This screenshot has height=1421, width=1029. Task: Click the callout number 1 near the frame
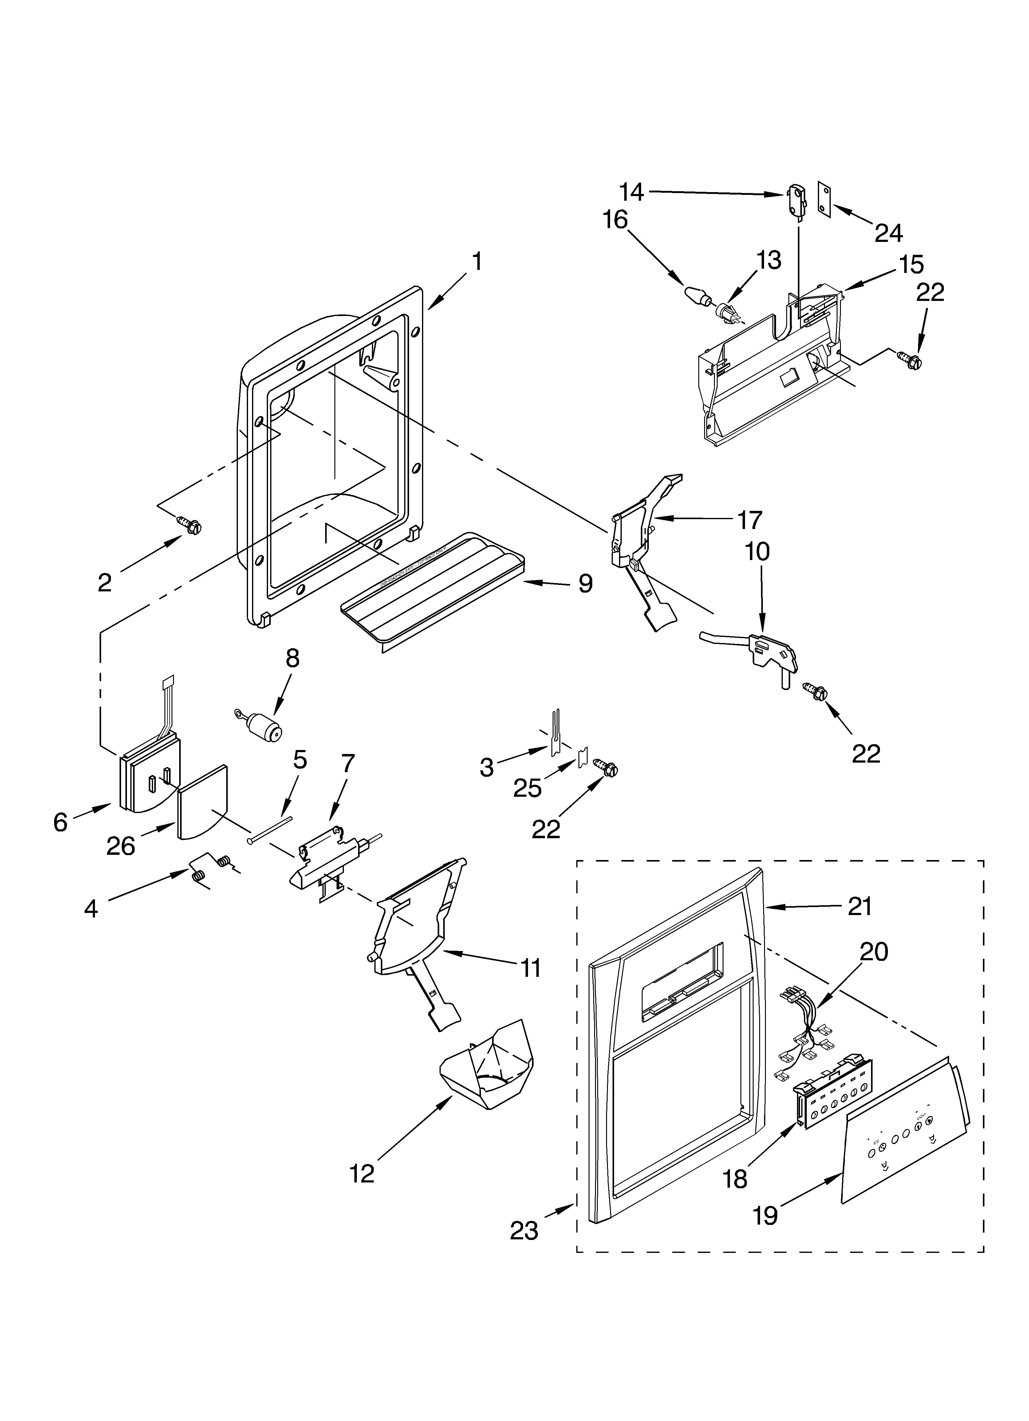(x=477, y=261)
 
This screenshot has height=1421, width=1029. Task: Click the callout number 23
(x=524, y=1231)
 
